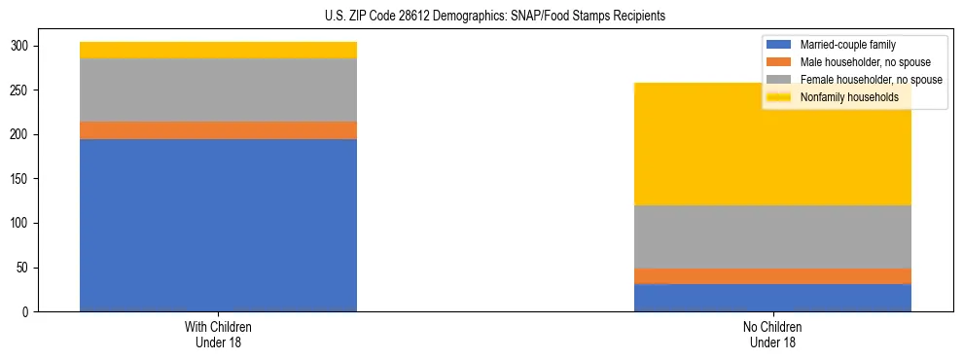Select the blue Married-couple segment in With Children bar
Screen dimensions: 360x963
218,225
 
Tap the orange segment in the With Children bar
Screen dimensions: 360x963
218,130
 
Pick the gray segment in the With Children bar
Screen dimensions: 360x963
218,90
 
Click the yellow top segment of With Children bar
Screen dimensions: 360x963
218,50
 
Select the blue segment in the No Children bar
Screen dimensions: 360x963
772,298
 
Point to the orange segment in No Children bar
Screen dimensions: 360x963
772,276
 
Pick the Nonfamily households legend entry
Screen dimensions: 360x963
849,97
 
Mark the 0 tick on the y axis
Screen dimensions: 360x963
29,312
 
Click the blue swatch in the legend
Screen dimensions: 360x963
779,45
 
